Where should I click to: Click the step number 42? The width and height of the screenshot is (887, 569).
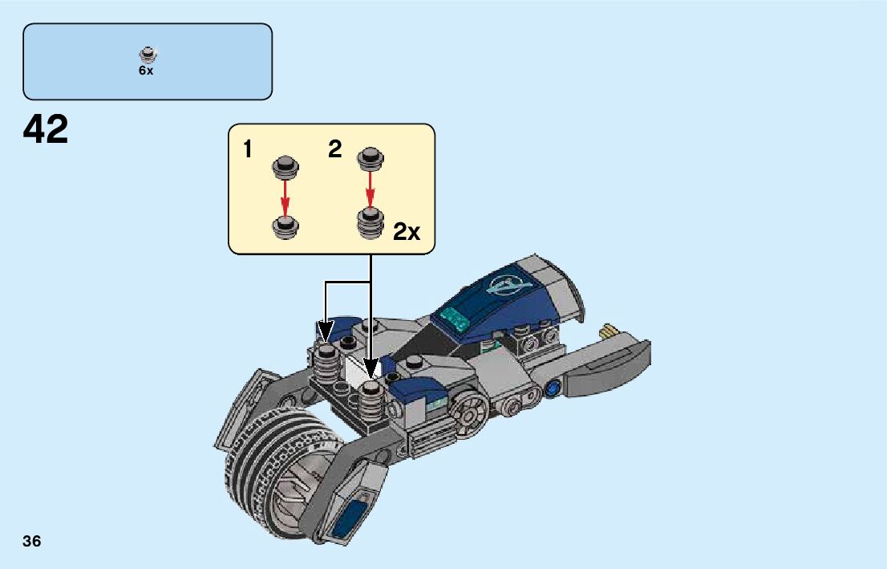tap(47, 130)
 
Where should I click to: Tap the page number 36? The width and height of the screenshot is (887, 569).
tap(32, 541)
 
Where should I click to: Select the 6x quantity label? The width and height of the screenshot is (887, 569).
tap(146, 71)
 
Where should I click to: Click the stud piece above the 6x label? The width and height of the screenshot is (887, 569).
tap(147, 55)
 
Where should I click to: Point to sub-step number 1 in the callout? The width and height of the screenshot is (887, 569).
tap(249, 149)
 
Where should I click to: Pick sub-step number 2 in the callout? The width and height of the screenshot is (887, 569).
tap(335, 149)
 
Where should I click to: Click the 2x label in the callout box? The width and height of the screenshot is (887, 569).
tap(406, 232)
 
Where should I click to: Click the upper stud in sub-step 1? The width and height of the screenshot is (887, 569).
tap(285, 166)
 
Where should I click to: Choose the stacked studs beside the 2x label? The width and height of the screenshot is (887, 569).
tap(370, 222)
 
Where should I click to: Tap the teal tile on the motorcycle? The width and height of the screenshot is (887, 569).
tap(454, 319)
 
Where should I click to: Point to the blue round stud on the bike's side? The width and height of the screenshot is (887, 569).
tap(553, 391)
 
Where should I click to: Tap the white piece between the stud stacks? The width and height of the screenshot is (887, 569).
tap(353, 371)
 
